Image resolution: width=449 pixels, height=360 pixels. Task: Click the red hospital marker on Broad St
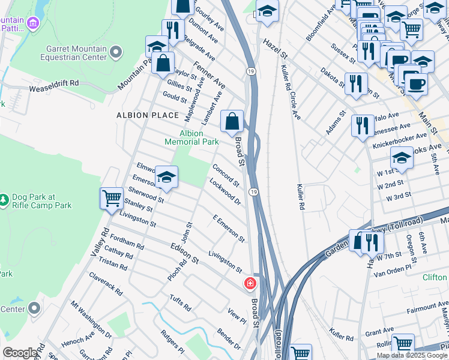click(249, 283)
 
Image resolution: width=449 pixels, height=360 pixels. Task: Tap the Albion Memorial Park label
click(191, 137)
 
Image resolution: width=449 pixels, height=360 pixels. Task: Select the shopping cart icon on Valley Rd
click(112, 198)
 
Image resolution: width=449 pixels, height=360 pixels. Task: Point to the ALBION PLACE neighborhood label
click(148, 115)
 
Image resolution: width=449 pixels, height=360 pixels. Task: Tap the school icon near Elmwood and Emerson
click(166, 177)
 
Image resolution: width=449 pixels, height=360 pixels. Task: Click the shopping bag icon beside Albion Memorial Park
click(232, 121)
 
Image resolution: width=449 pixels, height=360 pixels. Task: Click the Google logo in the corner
click(20, 353)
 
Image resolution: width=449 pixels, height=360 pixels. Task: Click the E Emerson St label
click(229, 229)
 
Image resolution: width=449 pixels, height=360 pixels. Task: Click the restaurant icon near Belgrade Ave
click(172, 30)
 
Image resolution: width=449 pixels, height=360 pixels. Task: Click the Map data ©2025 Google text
click(411, 355)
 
